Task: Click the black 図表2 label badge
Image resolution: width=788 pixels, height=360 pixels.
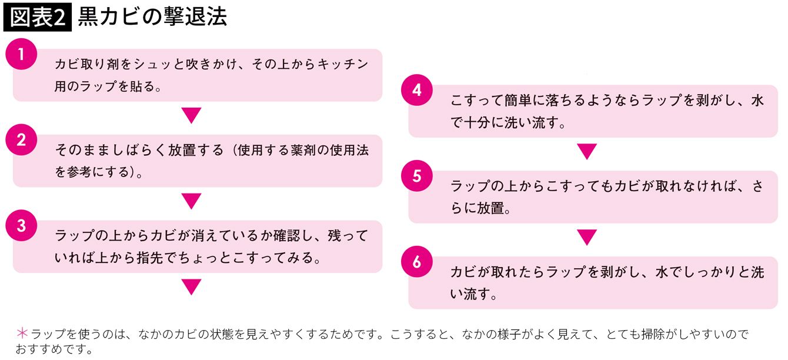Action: (x=38, y=18)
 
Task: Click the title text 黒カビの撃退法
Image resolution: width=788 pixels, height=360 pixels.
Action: (x=152, y=18)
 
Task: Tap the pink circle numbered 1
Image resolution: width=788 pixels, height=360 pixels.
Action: (x=21, y=55)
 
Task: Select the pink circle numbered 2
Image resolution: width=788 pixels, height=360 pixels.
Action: (x=21, y=141)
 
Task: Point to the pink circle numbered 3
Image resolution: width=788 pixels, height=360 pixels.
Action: (x=21, y=226)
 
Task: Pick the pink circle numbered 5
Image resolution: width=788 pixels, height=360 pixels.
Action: (x=417, y=176)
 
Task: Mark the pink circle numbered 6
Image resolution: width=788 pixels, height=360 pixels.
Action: (x=417, y=262)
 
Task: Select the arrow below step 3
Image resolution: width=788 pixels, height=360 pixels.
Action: (x=192, y=287)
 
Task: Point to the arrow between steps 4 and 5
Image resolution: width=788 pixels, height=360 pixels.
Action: (x=587, y=152)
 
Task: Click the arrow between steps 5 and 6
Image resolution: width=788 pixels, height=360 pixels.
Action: (x=587, y=238)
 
